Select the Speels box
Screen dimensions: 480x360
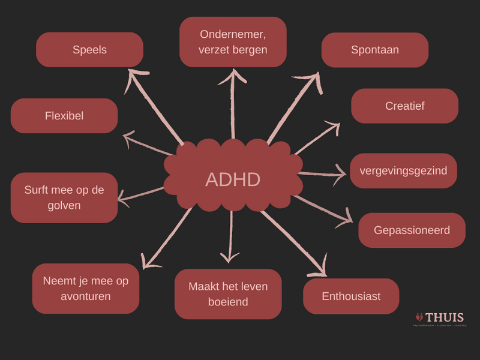click(89, 50)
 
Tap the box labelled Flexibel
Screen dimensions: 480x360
click(64, 116)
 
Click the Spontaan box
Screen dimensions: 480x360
click(374, 50)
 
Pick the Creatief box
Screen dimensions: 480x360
click(404, 106)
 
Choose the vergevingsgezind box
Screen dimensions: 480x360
click(403, 170)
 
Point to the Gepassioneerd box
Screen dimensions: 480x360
click(412, 230)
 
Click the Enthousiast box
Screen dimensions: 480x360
click(351, 296)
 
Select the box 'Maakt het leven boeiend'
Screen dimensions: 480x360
click(228, 294)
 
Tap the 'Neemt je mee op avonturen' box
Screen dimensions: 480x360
click(86, 289)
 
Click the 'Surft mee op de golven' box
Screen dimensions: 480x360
click(64, 198)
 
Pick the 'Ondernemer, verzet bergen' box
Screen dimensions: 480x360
click(233, 42)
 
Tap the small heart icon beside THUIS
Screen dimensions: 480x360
click(419, 317)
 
